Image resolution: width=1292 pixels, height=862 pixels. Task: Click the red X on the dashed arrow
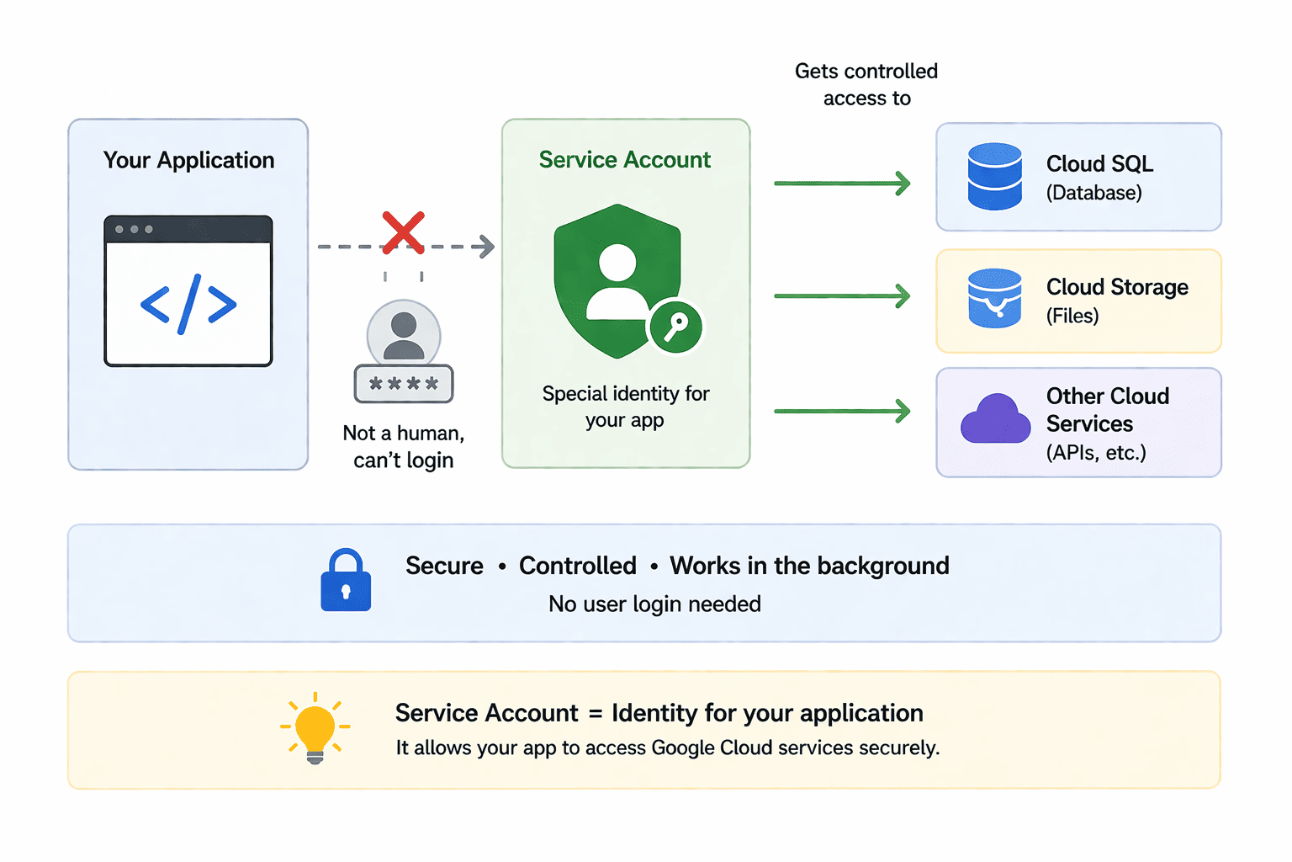(x=403, y=232)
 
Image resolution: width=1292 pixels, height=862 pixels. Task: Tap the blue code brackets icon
(x=188, y=304)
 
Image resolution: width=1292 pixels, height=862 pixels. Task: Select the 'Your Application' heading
(x=188, y=160)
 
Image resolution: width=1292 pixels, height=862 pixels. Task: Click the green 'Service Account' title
(x=625, y=159)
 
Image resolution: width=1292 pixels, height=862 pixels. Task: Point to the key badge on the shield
(x=675, y=327)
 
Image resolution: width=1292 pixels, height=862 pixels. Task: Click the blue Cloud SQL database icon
(x=994, y=176)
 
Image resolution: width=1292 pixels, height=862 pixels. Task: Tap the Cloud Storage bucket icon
(x=994, y=298)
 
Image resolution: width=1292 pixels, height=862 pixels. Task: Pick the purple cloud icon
(x=995, y=418)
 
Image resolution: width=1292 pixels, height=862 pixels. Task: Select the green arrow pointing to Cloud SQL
(x=842, y=183)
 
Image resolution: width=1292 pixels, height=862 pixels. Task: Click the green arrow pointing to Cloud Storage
(x=842, y=295)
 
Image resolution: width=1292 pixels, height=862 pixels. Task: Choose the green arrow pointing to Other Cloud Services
(x=842, y=411)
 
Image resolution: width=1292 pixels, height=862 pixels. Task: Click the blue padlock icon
(x=346, y=580)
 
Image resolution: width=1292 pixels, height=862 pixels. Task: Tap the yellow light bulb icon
(x=315, y=728)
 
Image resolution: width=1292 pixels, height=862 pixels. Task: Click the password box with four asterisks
(x=403, y=383)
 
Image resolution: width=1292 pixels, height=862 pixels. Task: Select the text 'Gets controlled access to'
(x=866, y=84)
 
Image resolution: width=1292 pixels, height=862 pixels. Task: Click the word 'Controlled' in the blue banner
(x=577, y=565)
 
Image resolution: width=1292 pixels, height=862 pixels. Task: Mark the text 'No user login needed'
(x=654, y=604)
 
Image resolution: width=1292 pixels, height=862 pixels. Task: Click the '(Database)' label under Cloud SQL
(x=1094, y=193)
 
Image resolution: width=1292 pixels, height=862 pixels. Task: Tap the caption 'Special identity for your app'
(x=625, y=407)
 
